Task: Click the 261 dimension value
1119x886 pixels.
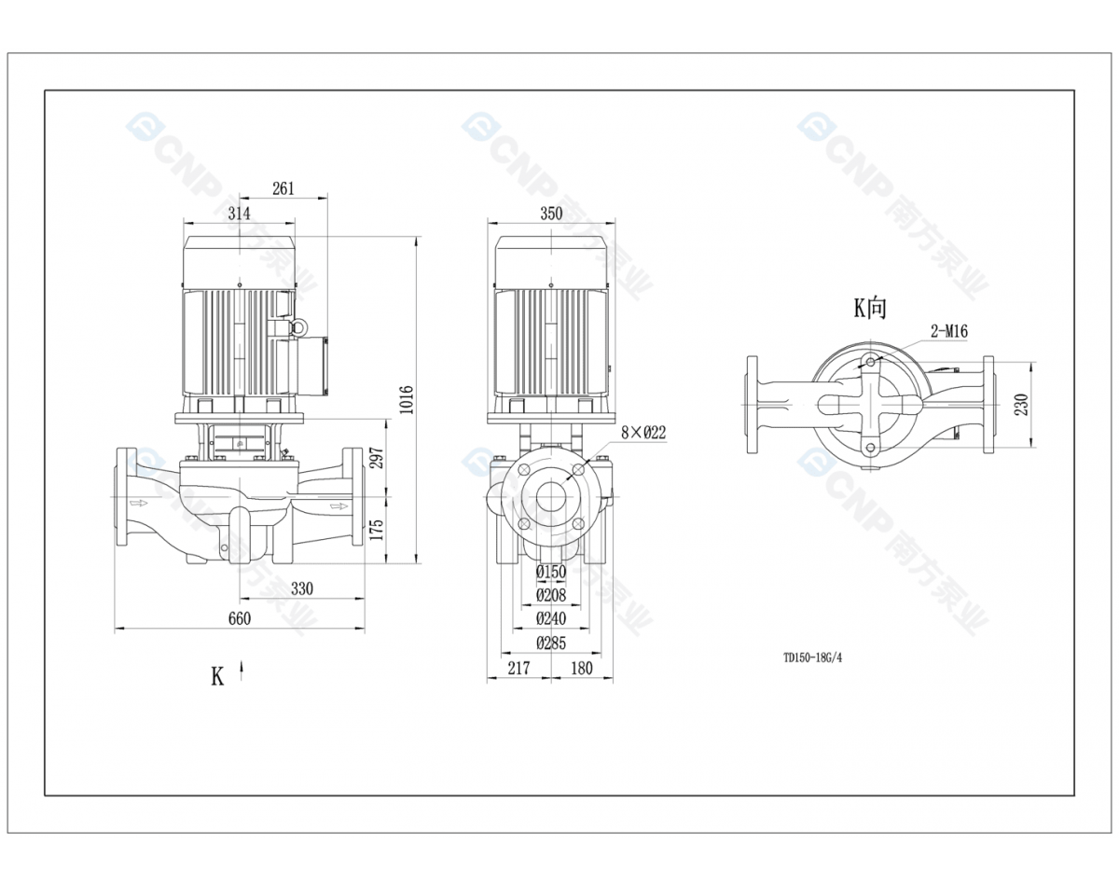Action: pyautogui.click(x=283, y=188)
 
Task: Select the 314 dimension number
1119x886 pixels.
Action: pyautogui.click(x=239, y=214)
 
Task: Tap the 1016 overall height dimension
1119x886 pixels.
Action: pyautogui.click(x=407, y=399)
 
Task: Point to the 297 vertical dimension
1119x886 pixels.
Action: pyautogui.click(x=377, y=458)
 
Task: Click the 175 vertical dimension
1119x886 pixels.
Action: pyautogui.click(x=377, y=530)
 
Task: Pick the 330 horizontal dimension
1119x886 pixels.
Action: pyautogui.click(x=302, y=588)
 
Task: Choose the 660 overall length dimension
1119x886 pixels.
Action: pyautogui.click(x=240, y=618)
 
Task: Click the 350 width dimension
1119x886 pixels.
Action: pyautogui.click(x=551, y=214)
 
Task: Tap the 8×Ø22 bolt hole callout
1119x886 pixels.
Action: pyautogui.click(x=643, y=433)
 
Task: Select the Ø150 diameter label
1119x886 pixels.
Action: pyautogui.click(x=551, y=572)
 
